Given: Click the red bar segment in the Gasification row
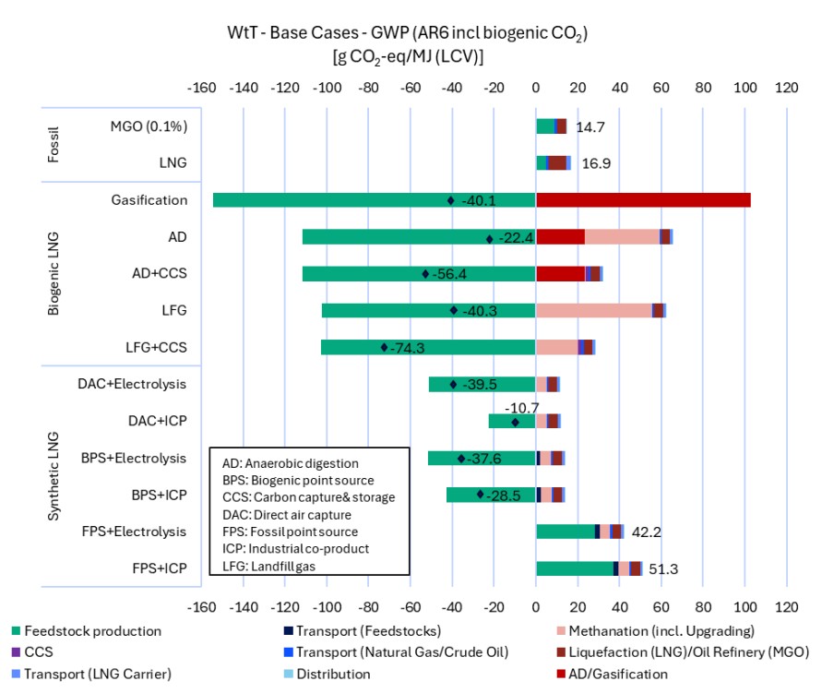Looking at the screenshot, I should click(643, 200).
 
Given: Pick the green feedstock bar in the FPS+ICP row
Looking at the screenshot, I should click(574, 568).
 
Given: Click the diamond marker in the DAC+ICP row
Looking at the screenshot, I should click(516, 422).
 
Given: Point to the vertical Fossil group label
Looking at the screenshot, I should click(54, 144).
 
